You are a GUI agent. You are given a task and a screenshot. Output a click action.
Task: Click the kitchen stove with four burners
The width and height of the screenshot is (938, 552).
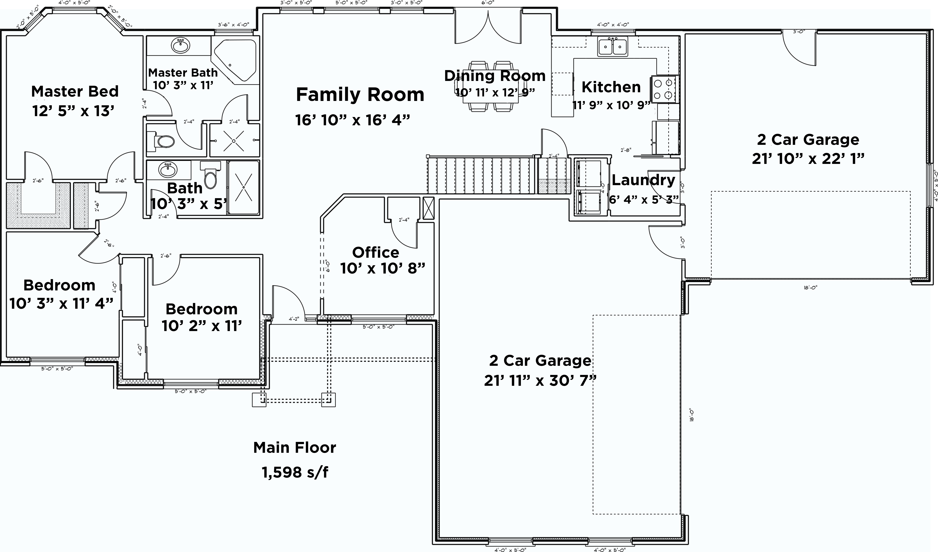click(665, 89)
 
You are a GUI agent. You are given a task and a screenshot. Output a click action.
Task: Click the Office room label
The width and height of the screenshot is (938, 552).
click(376, 253)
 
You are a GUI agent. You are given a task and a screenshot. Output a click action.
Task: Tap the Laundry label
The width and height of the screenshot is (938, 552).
click(643, 180)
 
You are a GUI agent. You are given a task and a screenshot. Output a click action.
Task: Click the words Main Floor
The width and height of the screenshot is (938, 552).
click(295, 447)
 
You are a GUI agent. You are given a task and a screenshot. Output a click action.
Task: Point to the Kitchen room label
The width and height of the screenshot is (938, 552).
click(611, 87)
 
